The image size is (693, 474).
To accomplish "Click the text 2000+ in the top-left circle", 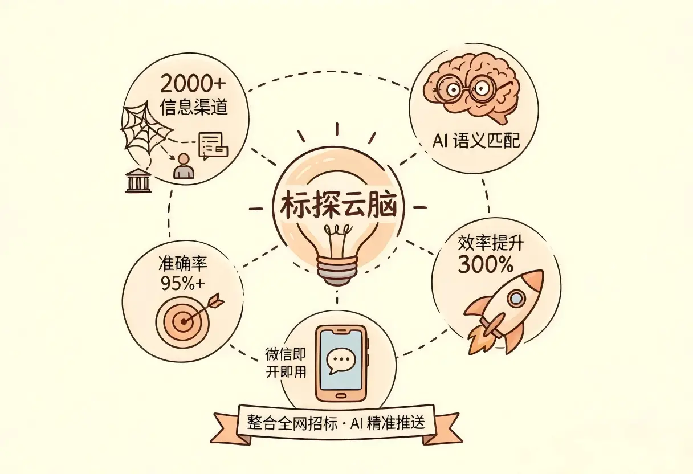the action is tap(193, 84).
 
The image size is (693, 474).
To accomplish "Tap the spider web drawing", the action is tap(145, 128).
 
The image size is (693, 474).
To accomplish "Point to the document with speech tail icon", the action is tap(213, 146).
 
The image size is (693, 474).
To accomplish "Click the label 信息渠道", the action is tap(194, 108).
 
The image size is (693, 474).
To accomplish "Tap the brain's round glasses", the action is tap(467, 89).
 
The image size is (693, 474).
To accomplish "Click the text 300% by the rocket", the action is tap(485, 265).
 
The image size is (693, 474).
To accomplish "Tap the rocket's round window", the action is tap(516, 298).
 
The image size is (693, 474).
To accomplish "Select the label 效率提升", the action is tap(491, 243).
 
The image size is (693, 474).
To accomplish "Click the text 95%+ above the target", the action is tap(183, 284).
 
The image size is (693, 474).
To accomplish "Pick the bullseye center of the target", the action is tap(184, 322).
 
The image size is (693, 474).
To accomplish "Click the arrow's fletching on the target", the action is tap(217, 300).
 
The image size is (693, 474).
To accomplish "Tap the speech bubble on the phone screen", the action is tap(341, 361).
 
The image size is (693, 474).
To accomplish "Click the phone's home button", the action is tap(341, 396).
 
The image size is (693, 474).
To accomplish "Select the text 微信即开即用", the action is tap(286, 363).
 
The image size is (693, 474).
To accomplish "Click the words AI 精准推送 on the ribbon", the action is tap(388, 422).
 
